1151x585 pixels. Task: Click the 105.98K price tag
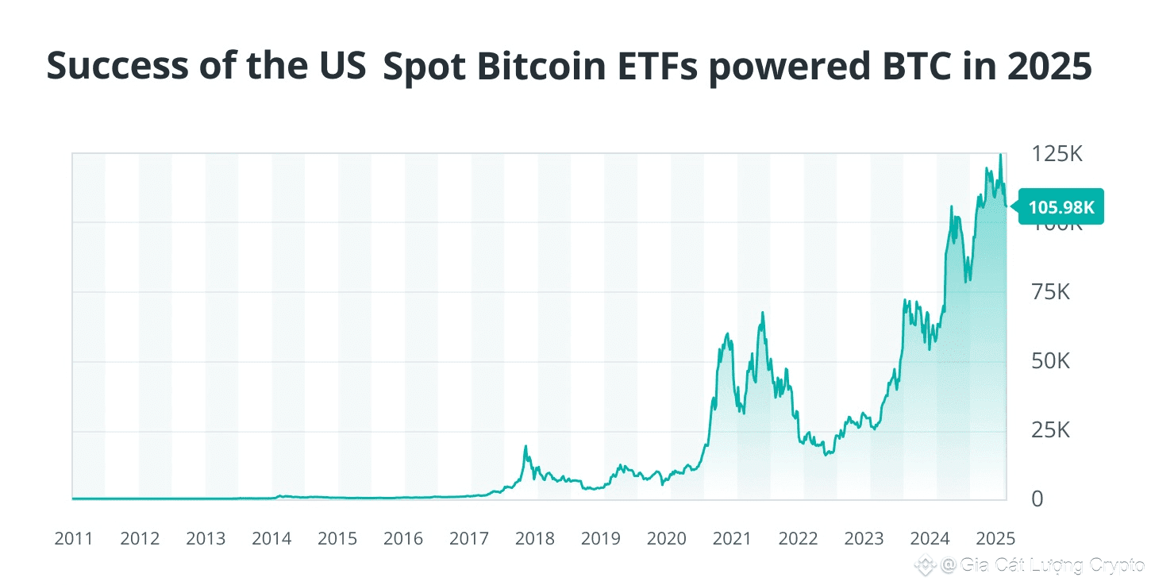pos(1061,207)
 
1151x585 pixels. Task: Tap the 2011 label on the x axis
pos(74,539)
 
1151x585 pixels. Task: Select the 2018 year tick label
pos(535,539)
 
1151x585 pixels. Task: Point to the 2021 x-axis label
pos(732,539)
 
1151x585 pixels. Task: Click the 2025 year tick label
pos(995,539)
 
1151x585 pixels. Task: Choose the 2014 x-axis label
pos(271,539)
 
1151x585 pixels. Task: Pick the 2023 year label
pos(864,539)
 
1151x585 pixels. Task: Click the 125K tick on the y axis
pos(1057,154)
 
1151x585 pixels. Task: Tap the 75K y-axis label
pos(1051,293)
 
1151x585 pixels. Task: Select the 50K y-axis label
pos(1051,362)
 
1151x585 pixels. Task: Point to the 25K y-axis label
pos(1051,431)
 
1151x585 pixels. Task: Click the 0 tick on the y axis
pos(1037,499)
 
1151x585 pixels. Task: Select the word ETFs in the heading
pos(661,67)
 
